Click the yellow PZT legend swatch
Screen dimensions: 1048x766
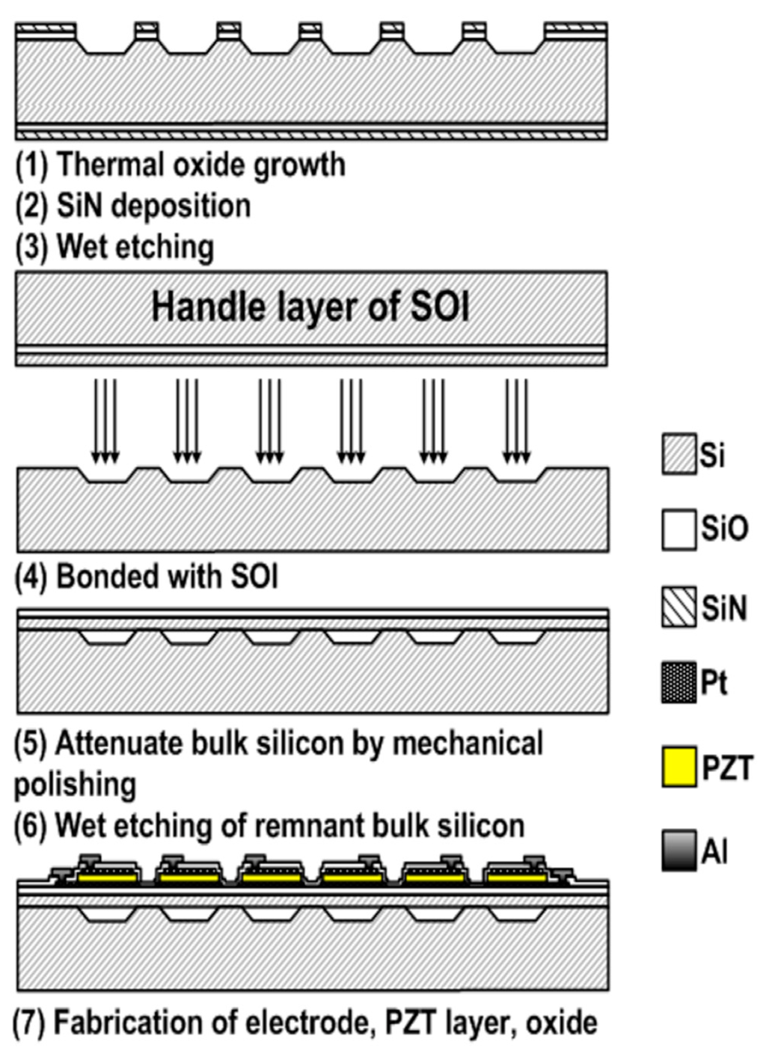click(679, 767)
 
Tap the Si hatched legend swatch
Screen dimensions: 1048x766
click(679, 455)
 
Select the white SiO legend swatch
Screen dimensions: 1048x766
click(679, 530)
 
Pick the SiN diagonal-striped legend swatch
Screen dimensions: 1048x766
click(679, 607)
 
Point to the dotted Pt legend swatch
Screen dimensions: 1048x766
click(679, 682)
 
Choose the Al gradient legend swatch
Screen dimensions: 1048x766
click(679, 851)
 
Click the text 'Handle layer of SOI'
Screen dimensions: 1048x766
click(310, 307)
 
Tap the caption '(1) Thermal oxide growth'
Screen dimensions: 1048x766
click(180, 165)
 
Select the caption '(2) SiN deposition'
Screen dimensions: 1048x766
click(133, 206)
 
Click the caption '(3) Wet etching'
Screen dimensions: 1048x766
click(115, 247)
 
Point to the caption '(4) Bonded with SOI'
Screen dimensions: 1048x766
click(147, 577)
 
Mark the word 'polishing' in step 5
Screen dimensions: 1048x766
click(75, 785)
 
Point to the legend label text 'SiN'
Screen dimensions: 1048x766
click(724, 607)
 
